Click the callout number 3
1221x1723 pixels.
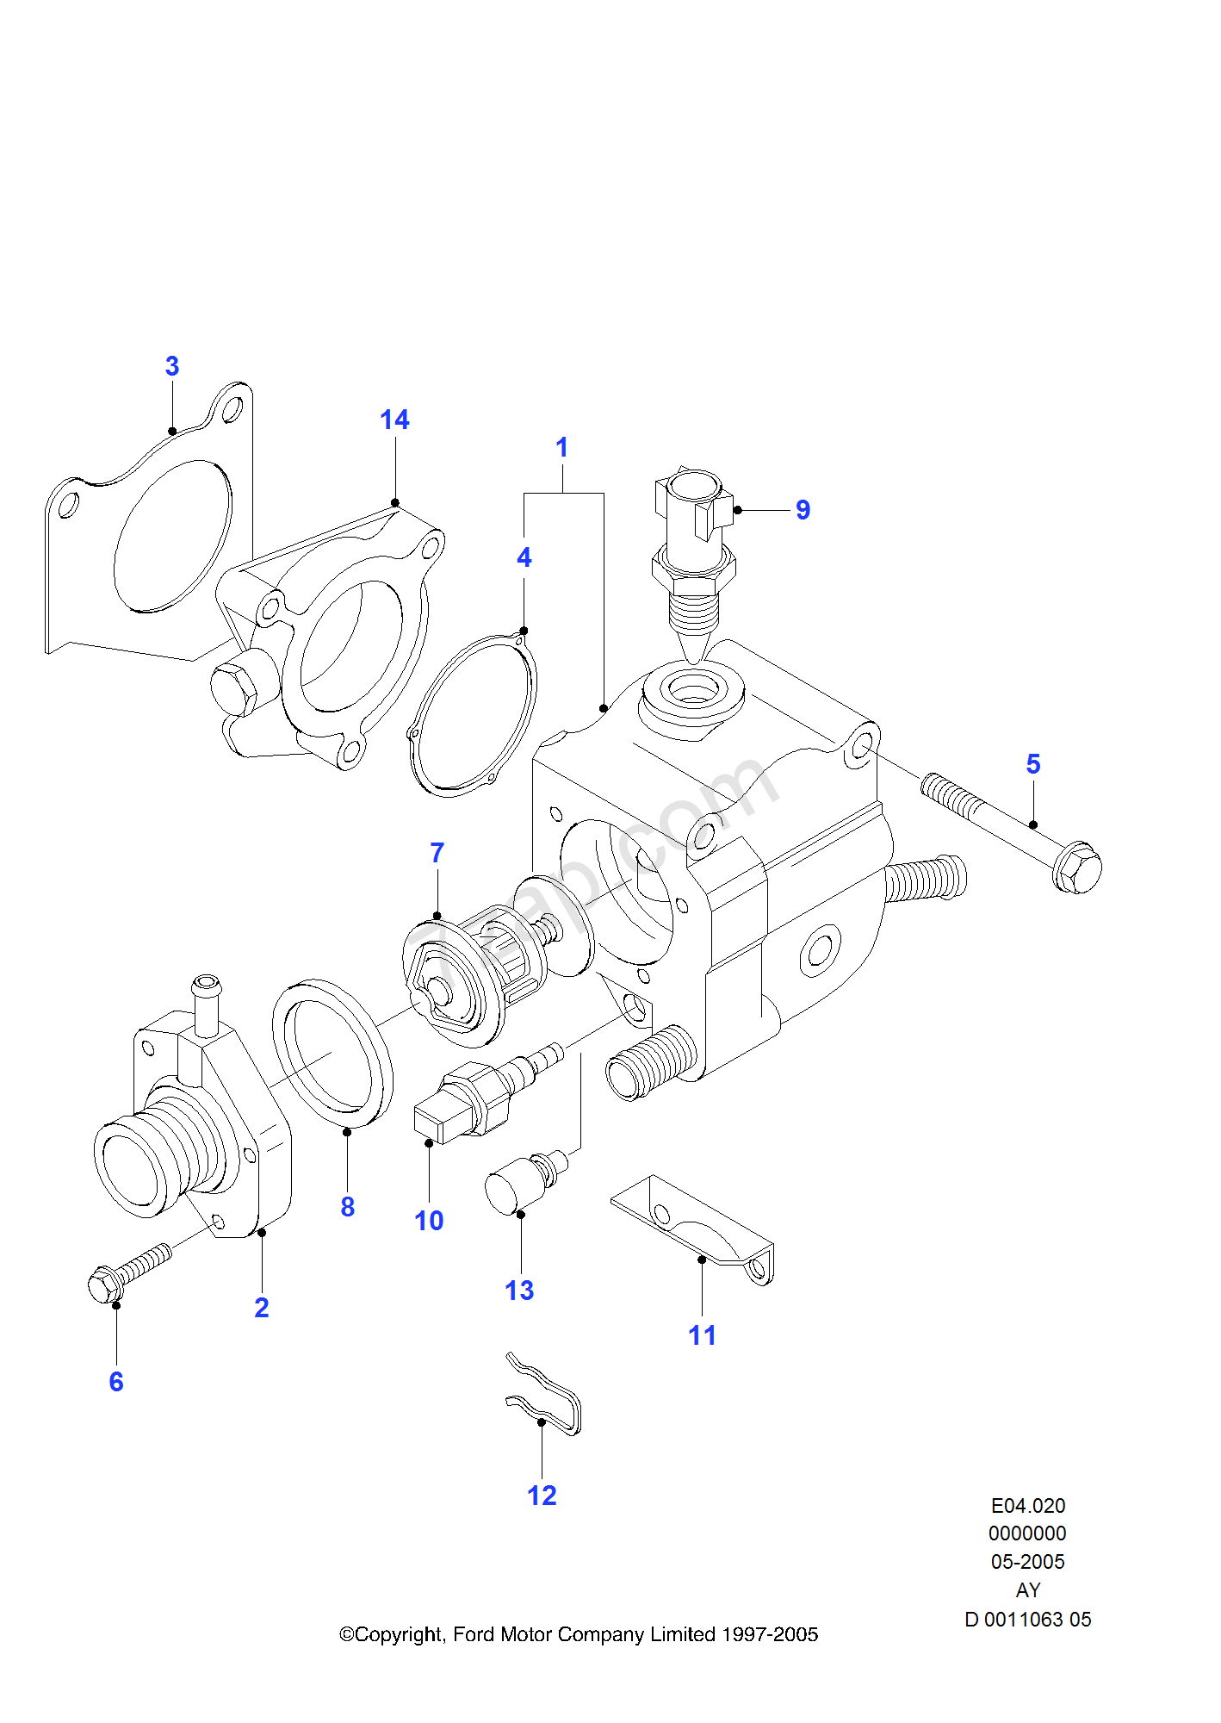172,366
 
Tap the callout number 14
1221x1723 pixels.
394,420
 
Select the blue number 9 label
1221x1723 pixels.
803,510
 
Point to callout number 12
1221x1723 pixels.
542,1496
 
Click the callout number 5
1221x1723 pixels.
1033,764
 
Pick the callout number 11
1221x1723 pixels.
702,1335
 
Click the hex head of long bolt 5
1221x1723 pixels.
1076,868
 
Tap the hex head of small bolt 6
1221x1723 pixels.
105,1286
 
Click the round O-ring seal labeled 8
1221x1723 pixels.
332,1053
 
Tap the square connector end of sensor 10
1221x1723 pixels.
439,1120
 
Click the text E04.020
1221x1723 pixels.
1028,1506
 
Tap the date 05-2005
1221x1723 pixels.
1027,1562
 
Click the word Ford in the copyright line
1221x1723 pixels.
474,1634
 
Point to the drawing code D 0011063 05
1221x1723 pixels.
1027,1620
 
